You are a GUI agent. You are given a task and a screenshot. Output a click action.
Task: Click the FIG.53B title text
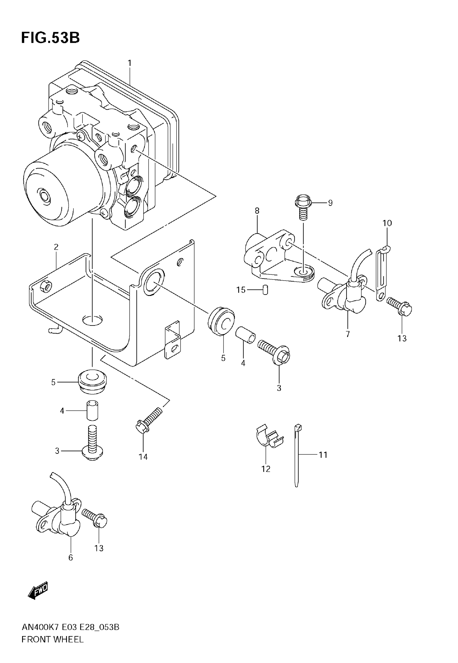50,37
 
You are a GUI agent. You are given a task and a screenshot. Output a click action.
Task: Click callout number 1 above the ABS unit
129,63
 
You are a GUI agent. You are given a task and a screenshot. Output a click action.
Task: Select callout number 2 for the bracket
56,247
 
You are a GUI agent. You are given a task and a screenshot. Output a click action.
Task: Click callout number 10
387,223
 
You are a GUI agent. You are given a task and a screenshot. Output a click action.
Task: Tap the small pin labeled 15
265,290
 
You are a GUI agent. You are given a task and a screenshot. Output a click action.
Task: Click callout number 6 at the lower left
71,557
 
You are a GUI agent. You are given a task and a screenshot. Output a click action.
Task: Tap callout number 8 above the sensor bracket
257,211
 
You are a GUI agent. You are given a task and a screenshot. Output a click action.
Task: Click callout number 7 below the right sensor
348,334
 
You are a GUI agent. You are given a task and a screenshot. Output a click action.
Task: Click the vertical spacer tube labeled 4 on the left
92,411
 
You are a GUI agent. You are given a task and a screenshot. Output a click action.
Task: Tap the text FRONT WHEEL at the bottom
53,639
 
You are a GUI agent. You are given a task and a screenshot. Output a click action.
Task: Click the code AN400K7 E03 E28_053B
70,627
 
